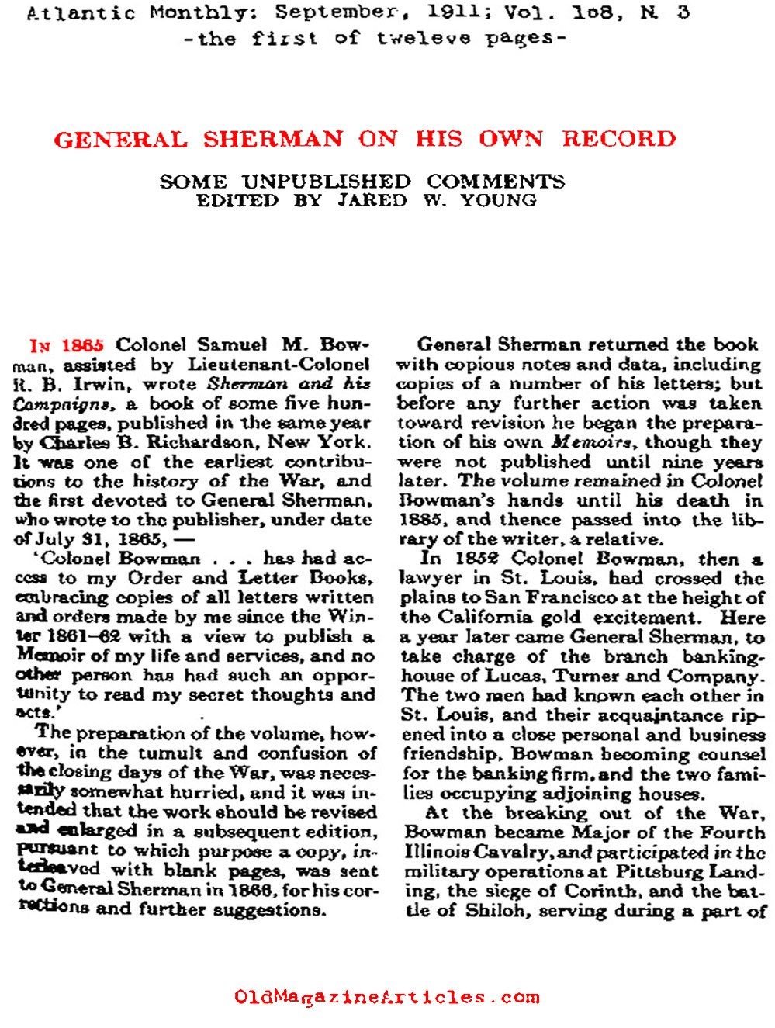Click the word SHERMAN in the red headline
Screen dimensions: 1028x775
pyautogui.click(x=273, y=139)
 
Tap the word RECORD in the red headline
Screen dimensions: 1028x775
pyautogui.click(x=619, y=139)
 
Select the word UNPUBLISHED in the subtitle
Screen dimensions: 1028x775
pyautogui.click(x=326, y=182)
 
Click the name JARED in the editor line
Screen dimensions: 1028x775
pyautogui.click(x=372, y=200)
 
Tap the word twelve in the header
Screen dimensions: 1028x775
pyautogui.click(x=424, y=39)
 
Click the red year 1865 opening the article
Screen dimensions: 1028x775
pyautogui.click(x=82, y=344)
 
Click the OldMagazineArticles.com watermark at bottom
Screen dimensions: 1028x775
pyautogui.click(x=386, y=997)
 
